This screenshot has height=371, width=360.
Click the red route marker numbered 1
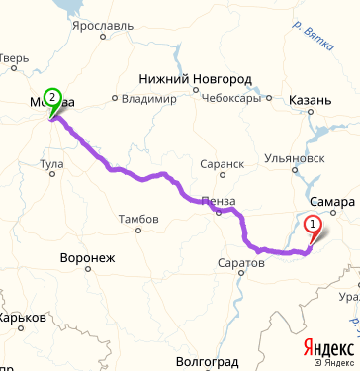click(314, 225)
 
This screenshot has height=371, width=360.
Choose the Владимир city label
click(149, 99)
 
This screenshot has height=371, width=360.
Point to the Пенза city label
click(218, 201)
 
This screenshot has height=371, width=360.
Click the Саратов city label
click(240, 263)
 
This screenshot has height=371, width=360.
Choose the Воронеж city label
click(88, 258)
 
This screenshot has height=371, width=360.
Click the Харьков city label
click(22, 318)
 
